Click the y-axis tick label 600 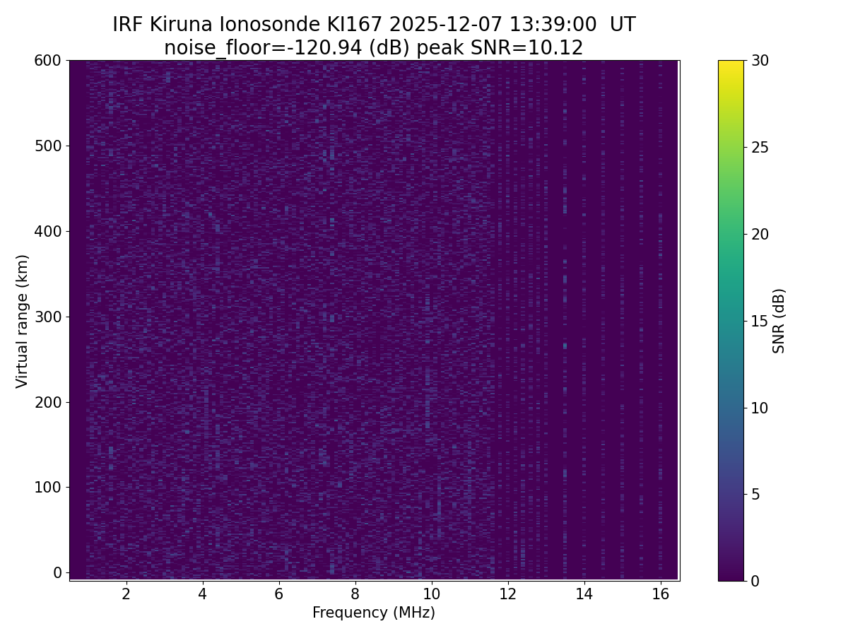(48, 61)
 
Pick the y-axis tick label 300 (48, 317)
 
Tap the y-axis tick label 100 (48, 487)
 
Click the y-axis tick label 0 (58, 572)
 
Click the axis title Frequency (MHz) (374, 613)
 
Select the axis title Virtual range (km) (23, 321)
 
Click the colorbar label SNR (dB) (779, 321)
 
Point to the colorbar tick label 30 (760, 61)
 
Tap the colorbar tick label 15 (760, 321)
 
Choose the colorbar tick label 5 (755, 494)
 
